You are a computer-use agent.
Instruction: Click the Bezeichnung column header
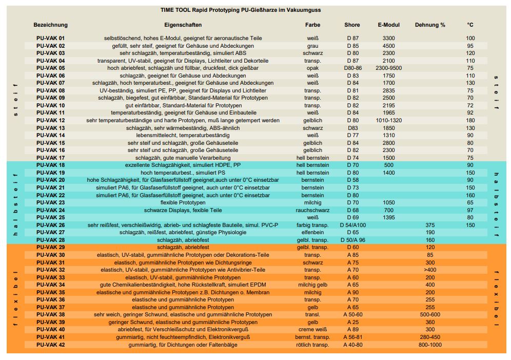(x=50, y=25)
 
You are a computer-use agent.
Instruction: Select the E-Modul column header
(x=388, y=25)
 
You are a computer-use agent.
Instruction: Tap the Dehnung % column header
(x=430, y=25)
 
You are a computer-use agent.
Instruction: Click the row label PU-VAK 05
(x=51, y=68)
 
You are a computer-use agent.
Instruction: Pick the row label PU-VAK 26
(x=51, y=225)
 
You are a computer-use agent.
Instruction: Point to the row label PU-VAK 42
(x=51, y=345)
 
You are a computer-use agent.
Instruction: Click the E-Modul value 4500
(x=388, y=46)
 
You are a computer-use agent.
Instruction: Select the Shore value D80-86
(x=352, y=68)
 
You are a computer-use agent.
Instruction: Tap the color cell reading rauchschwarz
(x=312, y=210)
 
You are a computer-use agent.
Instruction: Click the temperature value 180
(x=470, y=120)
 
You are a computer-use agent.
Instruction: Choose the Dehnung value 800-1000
(x=430, y=345)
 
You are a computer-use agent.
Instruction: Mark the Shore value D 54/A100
(x=352, y=225)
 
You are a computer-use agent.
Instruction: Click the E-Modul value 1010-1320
(x=388, y=120)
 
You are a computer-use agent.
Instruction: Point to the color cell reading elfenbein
(x=312, y=233)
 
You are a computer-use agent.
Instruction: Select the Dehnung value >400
(x=430, y=270)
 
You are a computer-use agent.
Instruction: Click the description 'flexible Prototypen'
(x=183, y=202)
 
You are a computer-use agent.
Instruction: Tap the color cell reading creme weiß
(x=312, y=330)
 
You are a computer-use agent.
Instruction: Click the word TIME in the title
(x=168, y=10)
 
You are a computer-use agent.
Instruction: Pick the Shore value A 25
(x=352, y=322)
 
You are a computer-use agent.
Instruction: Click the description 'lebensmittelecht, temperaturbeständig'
(x=183, y=135)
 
